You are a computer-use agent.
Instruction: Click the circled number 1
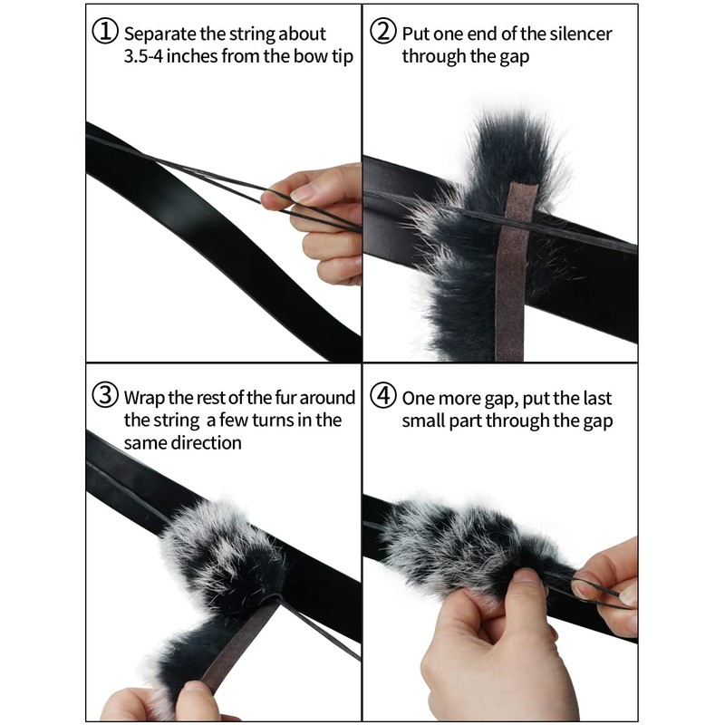pos(105,32)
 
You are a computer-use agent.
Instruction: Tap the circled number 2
pos(383,32)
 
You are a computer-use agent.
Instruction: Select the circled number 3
pos(105,396)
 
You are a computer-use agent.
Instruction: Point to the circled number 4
pos(383,396)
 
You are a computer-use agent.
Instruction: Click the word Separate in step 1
pos(160,34)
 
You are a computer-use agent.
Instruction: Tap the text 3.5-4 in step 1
pos(143,56)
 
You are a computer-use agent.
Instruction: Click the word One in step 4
pos(418,399)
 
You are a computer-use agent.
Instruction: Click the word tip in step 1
pos(343,57)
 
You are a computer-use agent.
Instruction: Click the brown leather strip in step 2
pos(513,272)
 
